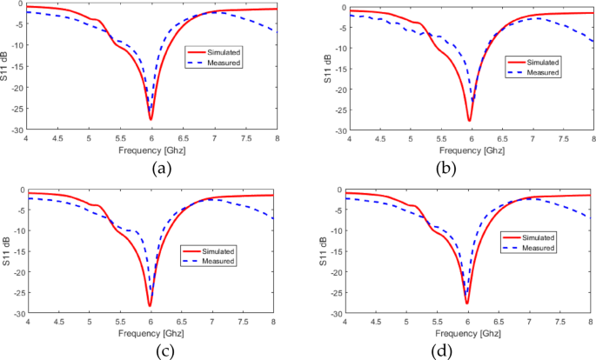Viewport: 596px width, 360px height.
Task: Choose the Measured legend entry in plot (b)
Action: (x=539, y=72)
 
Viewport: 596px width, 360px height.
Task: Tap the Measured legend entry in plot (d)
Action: (x=539, y=249)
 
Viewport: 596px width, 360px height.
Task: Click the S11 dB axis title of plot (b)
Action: (x=326, y=68)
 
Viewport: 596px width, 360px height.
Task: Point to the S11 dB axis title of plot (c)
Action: (x=8, y=250)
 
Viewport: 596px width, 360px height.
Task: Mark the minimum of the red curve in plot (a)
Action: (x=151, y=119)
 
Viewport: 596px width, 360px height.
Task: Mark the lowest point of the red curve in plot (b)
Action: (x=469, y=121)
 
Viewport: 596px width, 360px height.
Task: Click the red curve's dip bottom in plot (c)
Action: (x=150, y=305)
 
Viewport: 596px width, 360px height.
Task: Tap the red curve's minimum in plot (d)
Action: (x=467, y=303)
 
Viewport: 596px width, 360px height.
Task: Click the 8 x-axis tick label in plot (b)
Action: (x=593, y=139)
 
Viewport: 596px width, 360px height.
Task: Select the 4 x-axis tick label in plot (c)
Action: (x=27, y=321)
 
